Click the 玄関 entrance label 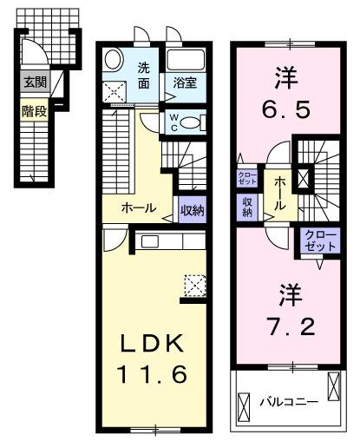pyautogui.click(x=35, y=83)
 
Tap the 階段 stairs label pyautogui.click(x=35, y=110)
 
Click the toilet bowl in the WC pyautogui.click(x=195, y=122)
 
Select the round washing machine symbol pyautogui.click(x=115, y=61)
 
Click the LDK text pyautogui.click(x=152, y=345)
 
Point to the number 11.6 pyautogui.click(x=153, y=376)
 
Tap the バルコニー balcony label pyautogui.click(x=289, y=402)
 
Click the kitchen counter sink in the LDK pyautogui.click(x=149, y=240)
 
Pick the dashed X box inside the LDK pyautogui.click(x=194, y=284)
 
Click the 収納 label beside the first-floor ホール pyautogui.click(x=192, y=208)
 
